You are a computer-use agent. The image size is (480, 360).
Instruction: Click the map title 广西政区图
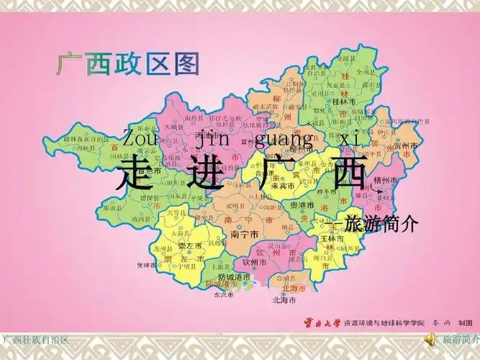pos(127,65)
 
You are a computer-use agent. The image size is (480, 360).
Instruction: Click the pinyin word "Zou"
pos(136,137)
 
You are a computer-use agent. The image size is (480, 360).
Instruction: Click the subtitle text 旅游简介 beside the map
pos(381,222)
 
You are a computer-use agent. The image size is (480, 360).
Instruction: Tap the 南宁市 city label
pos(244,235)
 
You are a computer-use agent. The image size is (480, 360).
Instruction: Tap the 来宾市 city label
pos(271,186)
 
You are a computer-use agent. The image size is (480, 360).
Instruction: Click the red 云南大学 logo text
pos(319,324)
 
